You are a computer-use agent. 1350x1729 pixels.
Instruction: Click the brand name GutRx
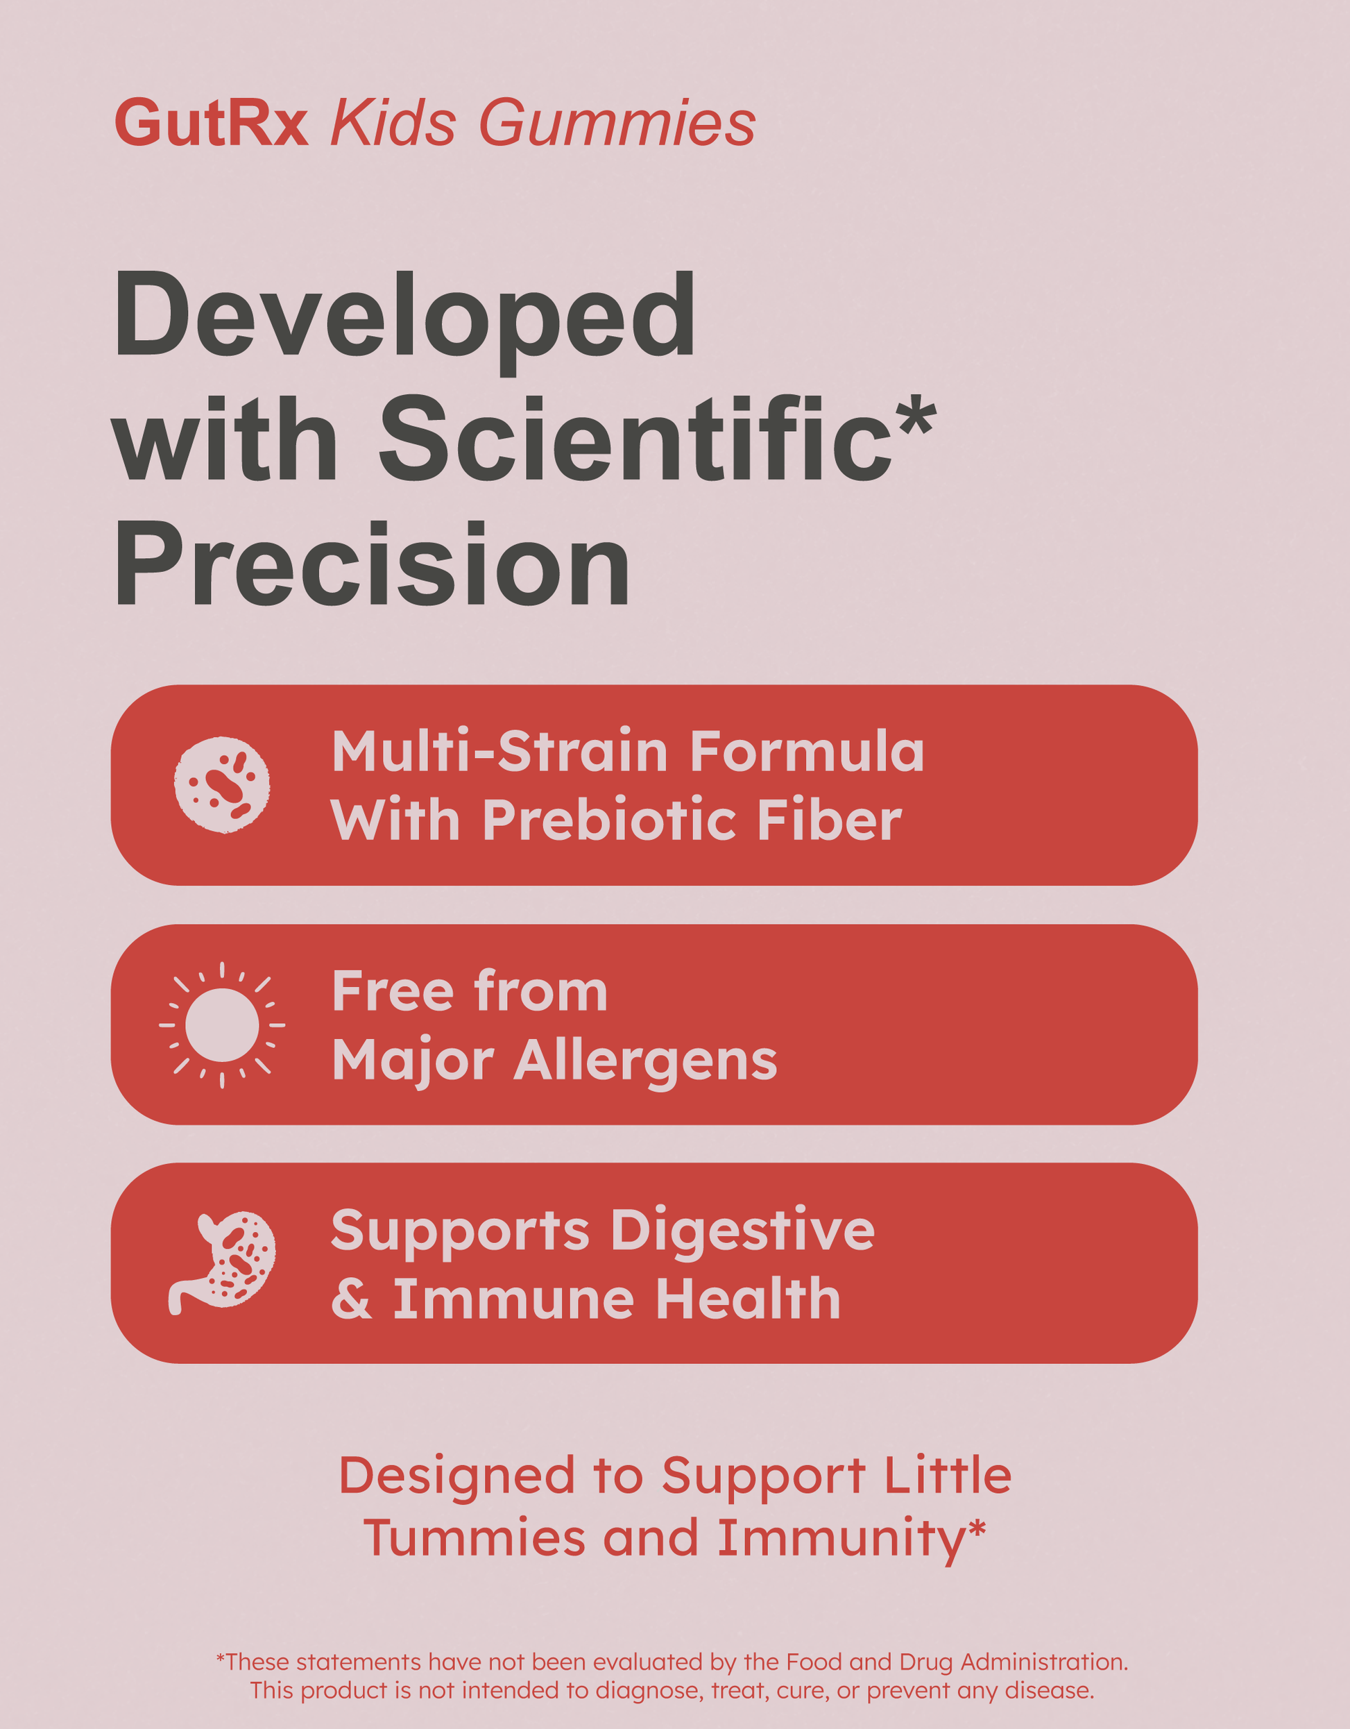212,123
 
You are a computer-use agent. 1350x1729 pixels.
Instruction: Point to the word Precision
372,564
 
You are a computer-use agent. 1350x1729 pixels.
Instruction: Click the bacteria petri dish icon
221,784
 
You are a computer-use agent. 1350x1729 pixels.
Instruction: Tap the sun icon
221,1025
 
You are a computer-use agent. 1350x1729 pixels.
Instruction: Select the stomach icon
221,1263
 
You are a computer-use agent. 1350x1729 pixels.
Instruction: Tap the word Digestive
742,1233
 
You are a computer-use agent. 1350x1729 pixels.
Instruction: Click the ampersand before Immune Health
351,1300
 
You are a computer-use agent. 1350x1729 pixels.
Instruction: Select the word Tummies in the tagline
474,1537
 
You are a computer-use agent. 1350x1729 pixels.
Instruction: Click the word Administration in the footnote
1044,1662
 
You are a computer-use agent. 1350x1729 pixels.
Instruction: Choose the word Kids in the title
393,124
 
